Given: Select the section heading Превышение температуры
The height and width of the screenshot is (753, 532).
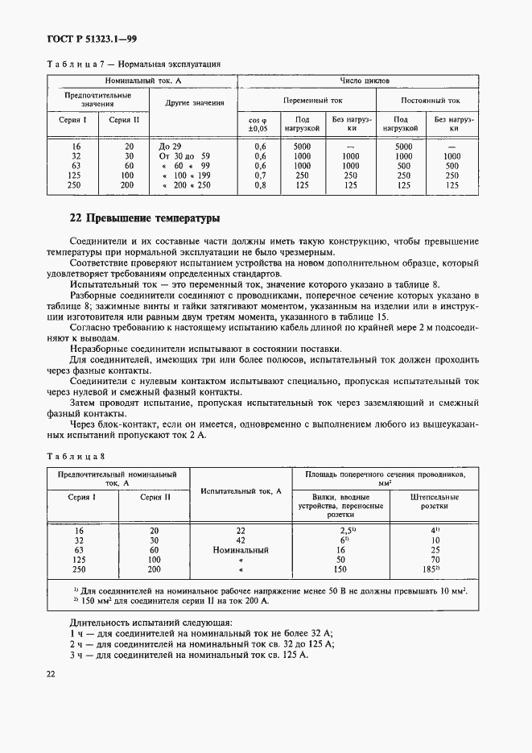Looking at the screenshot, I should pos(145,218).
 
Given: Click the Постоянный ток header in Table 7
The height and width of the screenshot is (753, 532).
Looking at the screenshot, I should pos(430,101).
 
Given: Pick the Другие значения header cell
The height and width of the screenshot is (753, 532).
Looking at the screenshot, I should pos(195,103).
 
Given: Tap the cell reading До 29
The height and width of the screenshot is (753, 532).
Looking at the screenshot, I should pos(171,147).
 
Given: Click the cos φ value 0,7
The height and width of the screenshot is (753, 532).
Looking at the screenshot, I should pos(260,176).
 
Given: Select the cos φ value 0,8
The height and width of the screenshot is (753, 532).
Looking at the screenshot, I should pos(260,185).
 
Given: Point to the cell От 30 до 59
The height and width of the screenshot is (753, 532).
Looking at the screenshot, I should pos(186,156).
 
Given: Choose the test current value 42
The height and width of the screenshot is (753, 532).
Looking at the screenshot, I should pos(241,541).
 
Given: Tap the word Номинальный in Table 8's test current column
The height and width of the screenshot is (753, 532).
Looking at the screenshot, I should pos(241,551).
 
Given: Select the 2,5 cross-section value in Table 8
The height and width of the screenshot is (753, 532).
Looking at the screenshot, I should pos(346,532).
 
